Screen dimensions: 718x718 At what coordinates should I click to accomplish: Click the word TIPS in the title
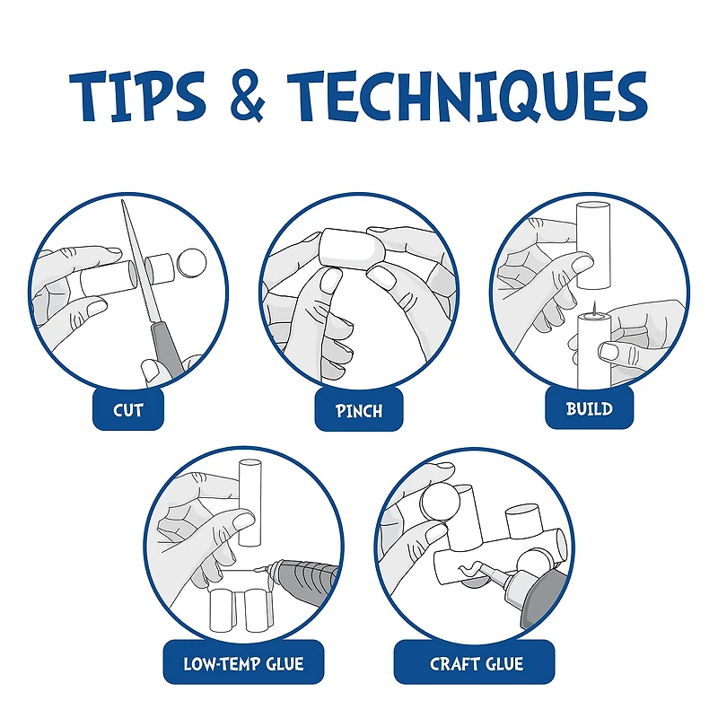coord(137,96)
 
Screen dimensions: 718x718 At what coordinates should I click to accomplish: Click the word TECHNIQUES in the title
coord(467,96)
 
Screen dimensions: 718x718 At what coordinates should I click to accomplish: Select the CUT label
coord(128,410)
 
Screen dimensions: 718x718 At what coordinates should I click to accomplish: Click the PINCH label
coord(358,410)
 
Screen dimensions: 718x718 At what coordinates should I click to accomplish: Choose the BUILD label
coord(590,408)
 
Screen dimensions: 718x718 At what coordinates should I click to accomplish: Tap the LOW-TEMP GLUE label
coord(243,663)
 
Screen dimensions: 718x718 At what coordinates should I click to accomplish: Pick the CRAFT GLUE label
coord(477,663)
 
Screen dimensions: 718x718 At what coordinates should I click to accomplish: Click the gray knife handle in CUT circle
coord(166,351)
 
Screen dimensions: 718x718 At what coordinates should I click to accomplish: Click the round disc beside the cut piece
coord(191,263)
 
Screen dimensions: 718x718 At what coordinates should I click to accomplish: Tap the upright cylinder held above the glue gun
coord(250,503)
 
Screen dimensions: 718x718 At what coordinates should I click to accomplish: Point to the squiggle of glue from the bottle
coord(469,568)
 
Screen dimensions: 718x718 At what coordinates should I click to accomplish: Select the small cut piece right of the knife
coord(160,268)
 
